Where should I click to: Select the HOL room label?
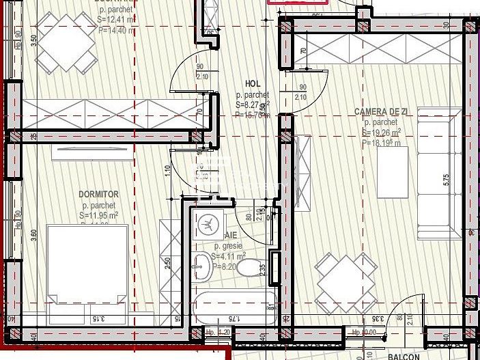253,83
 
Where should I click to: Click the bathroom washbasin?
203,266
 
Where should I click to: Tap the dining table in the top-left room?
65,42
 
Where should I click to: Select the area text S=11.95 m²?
99,215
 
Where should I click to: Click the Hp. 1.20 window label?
218,333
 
